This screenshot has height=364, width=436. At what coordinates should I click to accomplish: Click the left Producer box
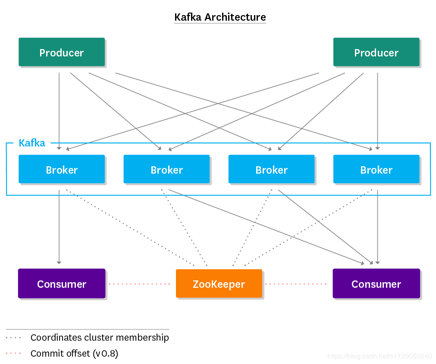[62, 53]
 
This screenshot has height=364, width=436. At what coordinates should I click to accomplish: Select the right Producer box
[376, 53]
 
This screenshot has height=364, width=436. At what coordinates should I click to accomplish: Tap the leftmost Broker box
[62, 169]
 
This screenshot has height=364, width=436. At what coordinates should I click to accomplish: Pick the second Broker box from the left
[166, 169]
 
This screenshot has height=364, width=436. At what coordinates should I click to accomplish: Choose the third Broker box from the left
[271, 169]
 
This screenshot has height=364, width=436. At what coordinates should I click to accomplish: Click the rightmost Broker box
[376, 169]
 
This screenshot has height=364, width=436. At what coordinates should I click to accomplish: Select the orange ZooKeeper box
[219, 284]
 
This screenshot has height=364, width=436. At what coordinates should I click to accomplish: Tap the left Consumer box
[62, 284]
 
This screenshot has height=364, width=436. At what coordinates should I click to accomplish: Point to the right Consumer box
[376, 284]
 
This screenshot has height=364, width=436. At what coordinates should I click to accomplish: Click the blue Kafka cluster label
[32, 143]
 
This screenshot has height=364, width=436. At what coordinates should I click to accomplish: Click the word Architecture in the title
[235, 17]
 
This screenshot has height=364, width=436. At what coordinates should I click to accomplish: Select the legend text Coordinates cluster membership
[100, 337]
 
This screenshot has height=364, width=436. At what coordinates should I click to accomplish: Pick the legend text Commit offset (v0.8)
[74, 354]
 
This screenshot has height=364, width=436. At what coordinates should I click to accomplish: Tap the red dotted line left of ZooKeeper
[140, 284]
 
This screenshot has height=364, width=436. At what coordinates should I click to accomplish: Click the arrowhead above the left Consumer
[59, 261]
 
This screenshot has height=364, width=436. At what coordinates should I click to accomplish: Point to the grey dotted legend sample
[13, 337]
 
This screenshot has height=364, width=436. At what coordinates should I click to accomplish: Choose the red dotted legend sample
[13, 354]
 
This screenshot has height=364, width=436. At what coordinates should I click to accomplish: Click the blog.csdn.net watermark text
[380, 356]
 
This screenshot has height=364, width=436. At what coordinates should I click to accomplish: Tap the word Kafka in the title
[188, 17]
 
